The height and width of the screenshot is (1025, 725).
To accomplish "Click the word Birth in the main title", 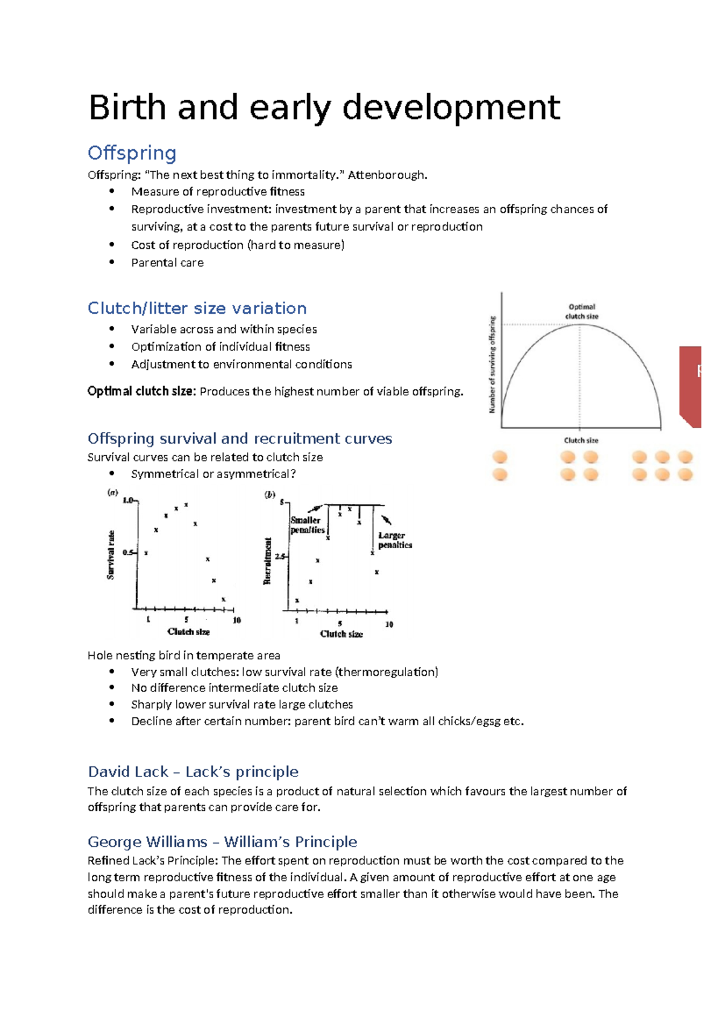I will point(127,108).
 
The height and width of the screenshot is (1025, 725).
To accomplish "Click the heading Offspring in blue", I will point(132,153).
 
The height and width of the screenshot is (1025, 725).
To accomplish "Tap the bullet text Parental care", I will point(167,263).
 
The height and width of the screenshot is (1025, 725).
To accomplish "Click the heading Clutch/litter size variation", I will point(197,308).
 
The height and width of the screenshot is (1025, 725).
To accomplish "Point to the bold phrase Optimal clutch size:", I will point(141,392).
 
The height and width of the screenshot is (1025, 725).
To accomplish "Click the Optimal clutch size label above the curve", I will point(581,311).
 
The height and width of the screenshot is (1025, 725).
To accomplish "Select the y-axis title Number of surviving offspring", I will point(492,364).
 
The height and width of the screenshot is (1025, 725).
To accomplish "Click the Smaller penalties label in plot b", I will point(308,525).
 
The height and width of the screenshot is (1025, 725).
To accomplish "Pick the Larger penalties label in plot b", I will point(395,540).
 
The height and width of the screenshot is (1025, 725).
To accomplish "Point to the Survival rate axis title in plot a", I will point(111,555).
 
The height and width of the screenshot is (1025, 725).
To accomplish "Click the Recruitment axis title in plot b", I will point(267,561).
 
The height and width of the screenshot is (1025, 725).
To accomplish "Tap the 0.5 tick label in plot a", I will point(128,552).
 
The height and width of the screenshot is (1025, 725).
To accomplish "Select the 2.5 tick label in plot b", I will point(280,556).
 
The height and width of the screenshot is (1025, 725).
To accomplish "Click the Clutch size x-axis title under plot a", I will point(188,632).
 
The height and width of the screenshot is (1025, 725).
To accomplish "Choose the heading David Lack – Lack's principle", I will point(193,772).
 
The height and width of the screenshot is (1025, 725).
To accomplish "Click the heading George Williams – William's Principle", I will point(222,842).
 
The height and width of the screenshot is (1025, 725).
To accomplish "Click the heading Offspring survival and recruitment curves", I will point(240,438).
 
